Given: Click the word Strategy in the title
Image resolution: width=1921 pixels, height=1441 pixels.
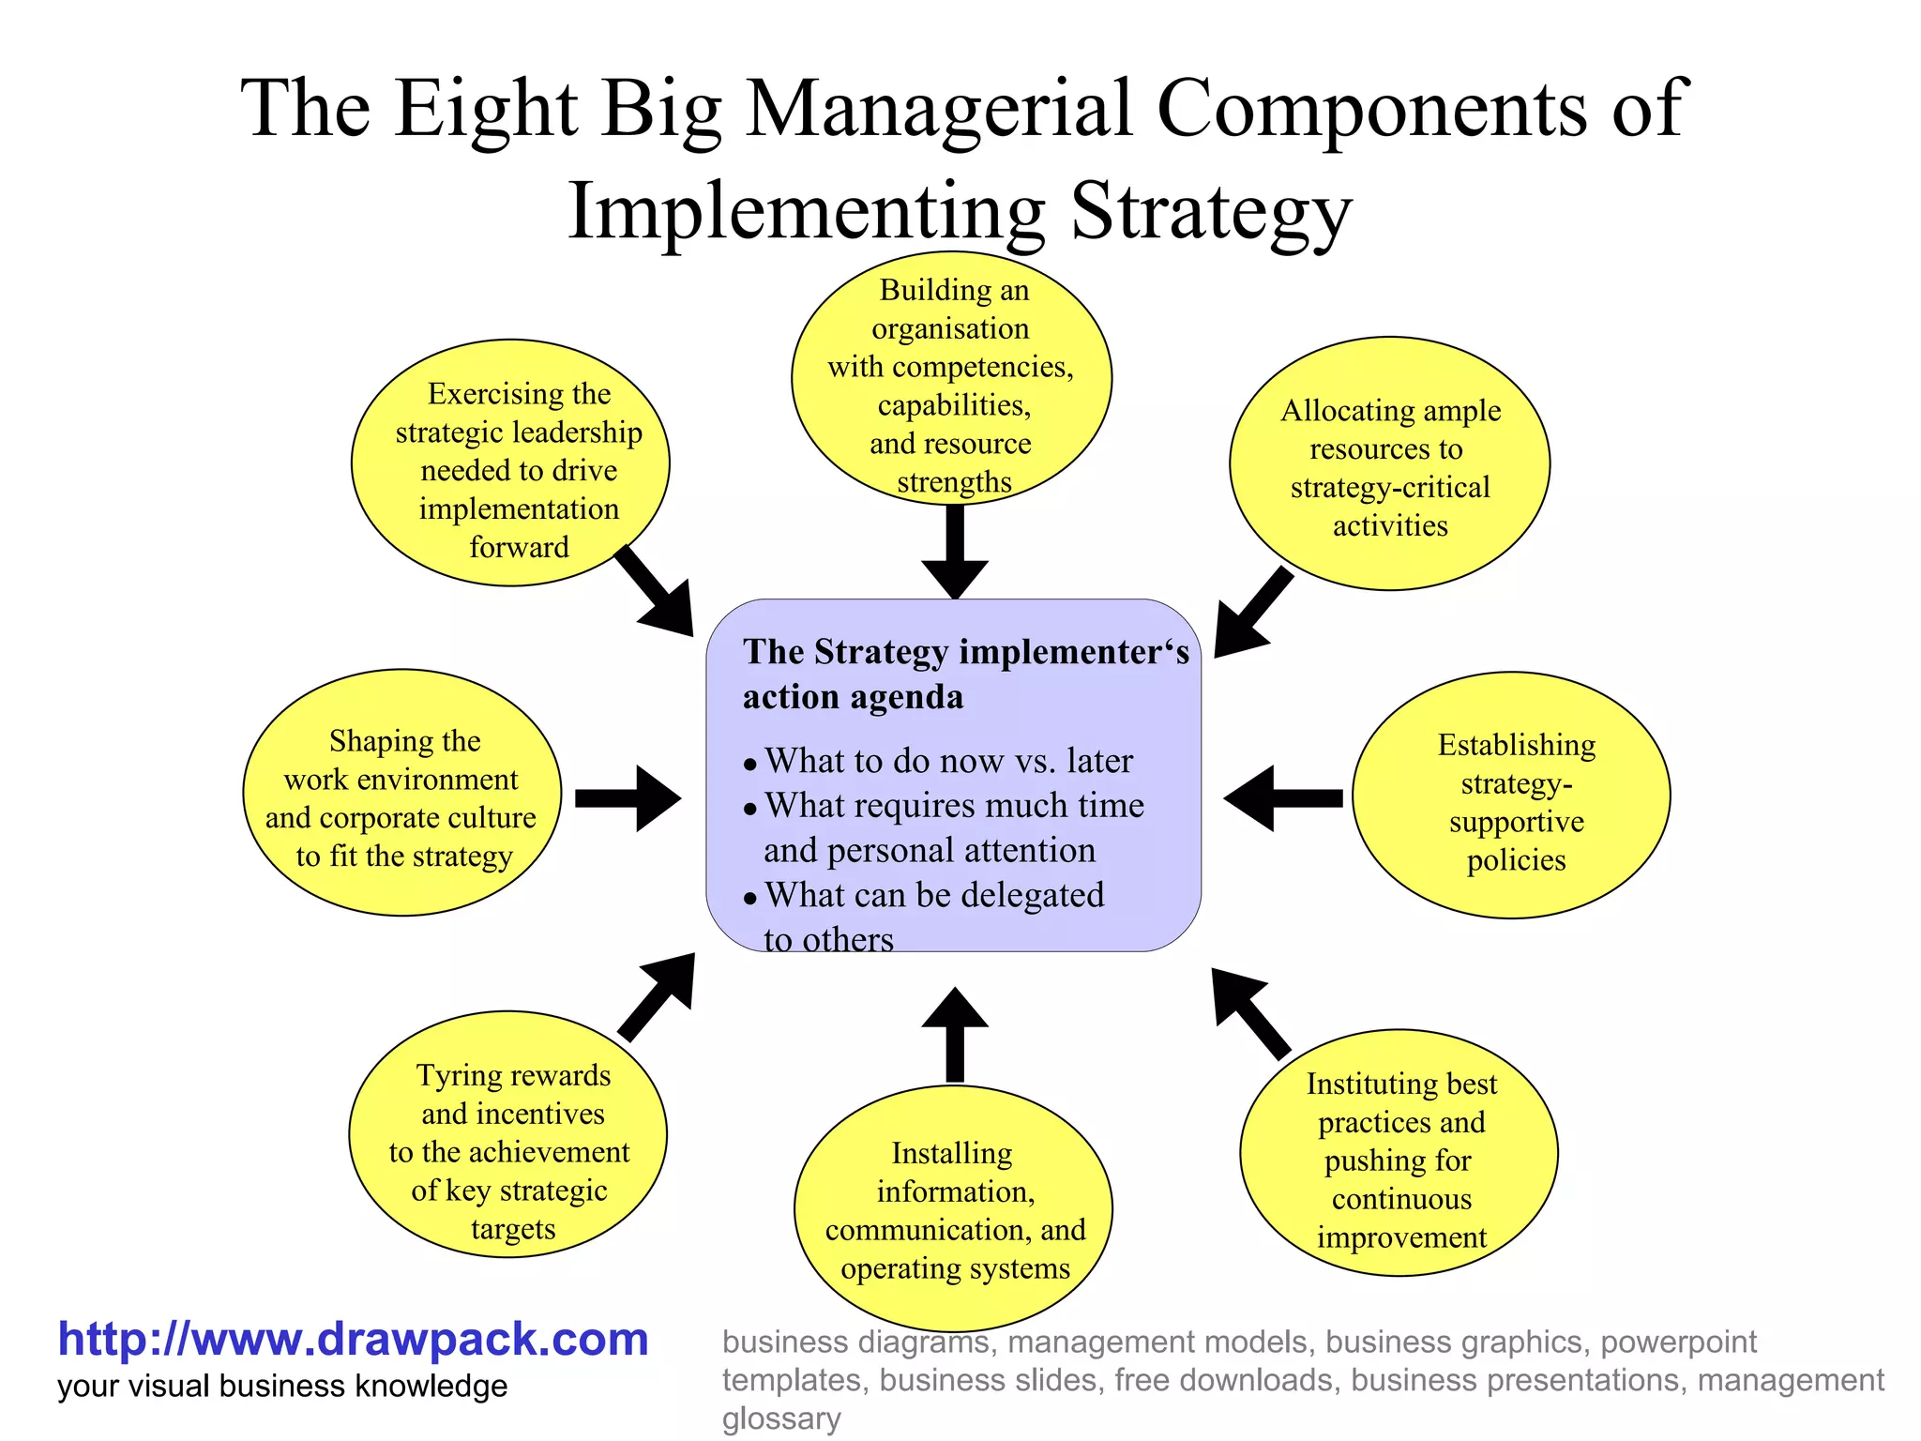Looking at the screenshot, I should tap(1210, 212).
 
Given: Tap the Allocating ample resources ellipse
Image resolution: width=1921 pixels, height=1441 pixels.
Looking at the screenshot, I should tap(1389, 464).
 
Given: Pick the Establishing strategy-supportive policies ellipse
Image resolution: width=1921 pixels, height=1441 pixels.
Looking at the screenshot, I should tap(1511, 796).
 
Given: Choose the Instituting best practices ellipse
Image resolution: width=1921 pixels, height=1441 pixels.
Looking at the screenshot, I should tap(1399, 1154).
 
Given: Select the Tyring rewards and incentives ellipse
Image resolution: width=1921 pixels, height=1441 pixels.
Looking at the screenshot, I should tap(508, 1135).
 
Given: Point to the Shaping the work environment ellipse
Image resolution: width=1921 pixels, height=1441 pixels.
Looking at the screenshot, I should tap(402, 794).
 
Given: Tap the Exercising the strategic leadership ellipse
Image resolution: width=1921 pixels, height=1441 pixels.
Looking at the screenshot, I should tap(511, 463).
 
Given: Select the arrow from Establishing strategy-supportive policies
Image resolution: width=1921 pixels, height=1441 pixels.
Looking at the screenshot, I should tap(1281, 798).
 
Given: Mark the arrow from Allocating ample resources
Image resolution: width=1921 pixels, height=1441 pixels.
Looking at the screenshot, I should tap(1251, 614).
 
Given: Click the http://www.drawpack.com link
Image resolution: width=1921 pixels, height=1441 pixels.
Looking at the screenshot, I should tap(353, 1339).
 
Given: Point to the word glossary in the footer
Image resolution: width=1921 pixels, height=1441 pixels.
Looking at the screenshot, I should tap(780, 1419).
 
